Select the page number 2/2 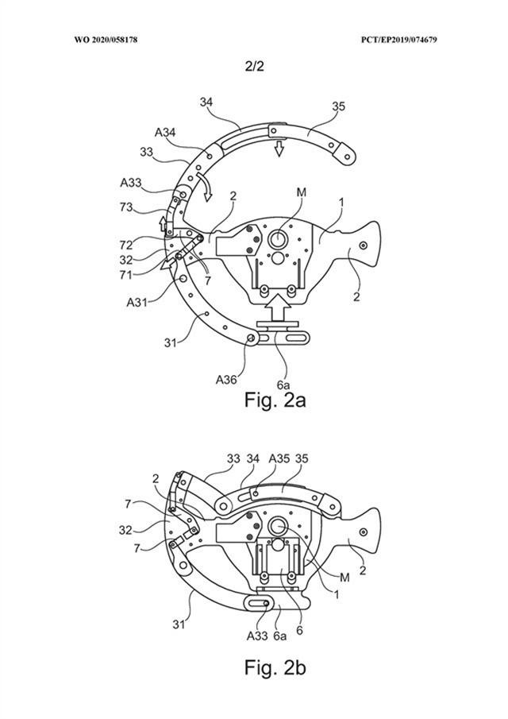(x=254, y=68)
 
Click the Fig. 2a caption (x=274, y=399)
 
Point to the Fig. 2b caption (x=274, y=667)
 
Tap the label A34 (x=166, y=132)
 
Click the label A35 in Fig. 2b (x=279, y=459)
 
